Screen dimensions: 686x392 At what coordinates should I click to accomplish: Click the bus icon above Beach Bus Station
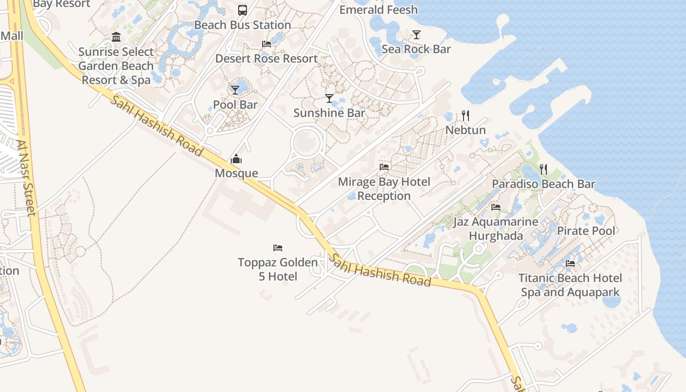tap(242, 10)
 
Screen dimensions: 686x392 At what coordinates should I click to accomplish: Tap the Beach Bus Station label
tap(243, 25)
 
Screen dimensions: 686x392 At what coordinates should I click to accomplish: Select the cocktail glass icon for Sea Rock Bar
tap(416, 34)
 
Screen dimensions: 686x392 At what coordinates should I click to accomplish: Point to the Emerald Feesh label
tap(378, 10)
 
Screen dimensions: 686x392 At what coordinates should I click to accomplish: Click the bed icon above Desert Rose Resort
tap(267, 44)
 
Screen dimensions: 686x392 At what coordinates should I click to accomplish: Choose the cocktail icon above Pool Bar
tap(235, 90)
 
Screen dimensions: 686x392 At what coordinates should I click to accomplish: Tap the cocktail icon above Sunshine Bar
tap(329, 98)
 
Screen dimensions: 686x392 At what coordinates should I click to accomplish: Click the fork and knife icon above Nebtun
tap(465, 116)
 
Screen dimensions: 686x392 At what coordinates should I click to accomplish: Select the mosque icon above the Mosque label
tap(236, 159)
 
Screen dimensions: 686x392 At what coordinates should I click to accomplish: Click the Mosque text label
tap(236, 173)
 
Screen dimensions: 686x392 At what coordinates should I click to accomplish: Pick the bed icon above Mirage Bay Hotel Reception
tap(384, 167)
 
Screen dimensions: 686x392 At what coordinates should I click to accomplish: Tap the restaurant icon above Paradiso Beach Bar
tap(543, 170)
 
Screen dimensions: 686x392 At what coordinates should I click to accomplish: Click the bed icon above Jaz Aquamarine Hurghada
tap(496, 207)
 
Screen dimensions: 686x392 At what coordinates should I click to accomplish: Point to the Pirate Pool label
tap(586, 231)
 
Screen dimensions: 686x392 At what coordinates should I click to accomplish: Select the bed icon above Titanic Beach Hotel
tap(570, 264)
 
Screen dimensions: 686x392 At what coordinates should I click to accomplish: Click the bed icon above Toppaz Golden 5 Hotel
tap(278, 248)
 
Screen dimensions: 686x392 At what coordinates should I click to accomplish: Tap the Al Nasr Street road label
tap(26, 178)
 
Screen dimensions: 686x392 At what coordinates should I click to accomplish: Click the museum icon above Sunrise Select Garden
tap(116, 37)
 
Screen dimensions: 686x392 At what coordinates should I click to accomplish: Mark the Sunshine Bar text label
tap(329, 113)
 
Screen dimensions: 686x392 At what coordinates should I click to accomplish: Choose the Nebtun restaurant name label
tap(465, 130)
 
